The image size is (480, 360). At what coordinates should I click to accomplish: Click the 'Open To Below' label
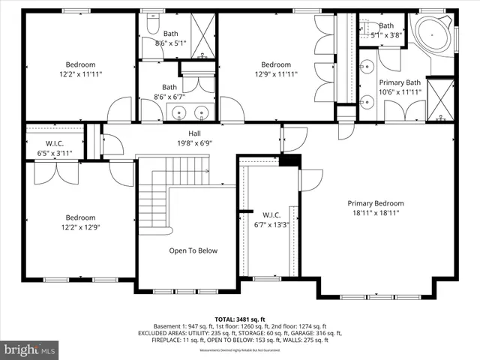point(193,250)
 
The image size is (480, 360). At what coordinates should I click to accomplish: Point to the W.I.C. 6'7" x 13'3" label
point(270,218)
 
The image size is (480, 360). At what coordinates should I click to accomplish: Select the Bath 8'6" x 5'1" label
point(171,38)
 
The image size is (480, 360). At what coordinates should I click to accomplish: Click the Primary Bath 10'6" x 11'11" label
point(400,87)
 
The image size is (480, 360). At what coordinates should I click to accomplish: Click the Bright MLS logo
point(30,349)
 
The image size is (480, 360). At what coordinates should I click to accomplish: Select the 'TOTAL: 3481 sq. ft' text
point(240,318)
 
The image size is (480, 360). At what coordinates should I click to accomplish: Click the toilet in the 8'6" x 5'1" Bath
point(149,25)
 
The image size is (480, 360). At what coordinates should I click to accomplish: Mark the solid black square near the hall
point(289,160)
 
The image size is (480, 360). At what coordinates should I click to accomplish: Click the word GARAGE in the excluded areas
point(305,333)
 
